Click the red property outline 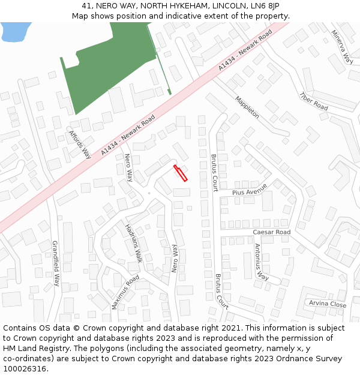181,173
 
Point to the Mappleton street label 247,107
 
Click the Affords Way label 79,144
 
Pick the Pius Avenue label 250,192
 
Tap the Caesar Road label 271,232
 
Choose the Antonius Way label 261,262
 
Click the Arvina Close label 328,304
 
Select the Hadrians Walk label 133,244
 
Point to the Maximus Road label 125,292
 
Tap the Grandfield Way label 56,263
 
